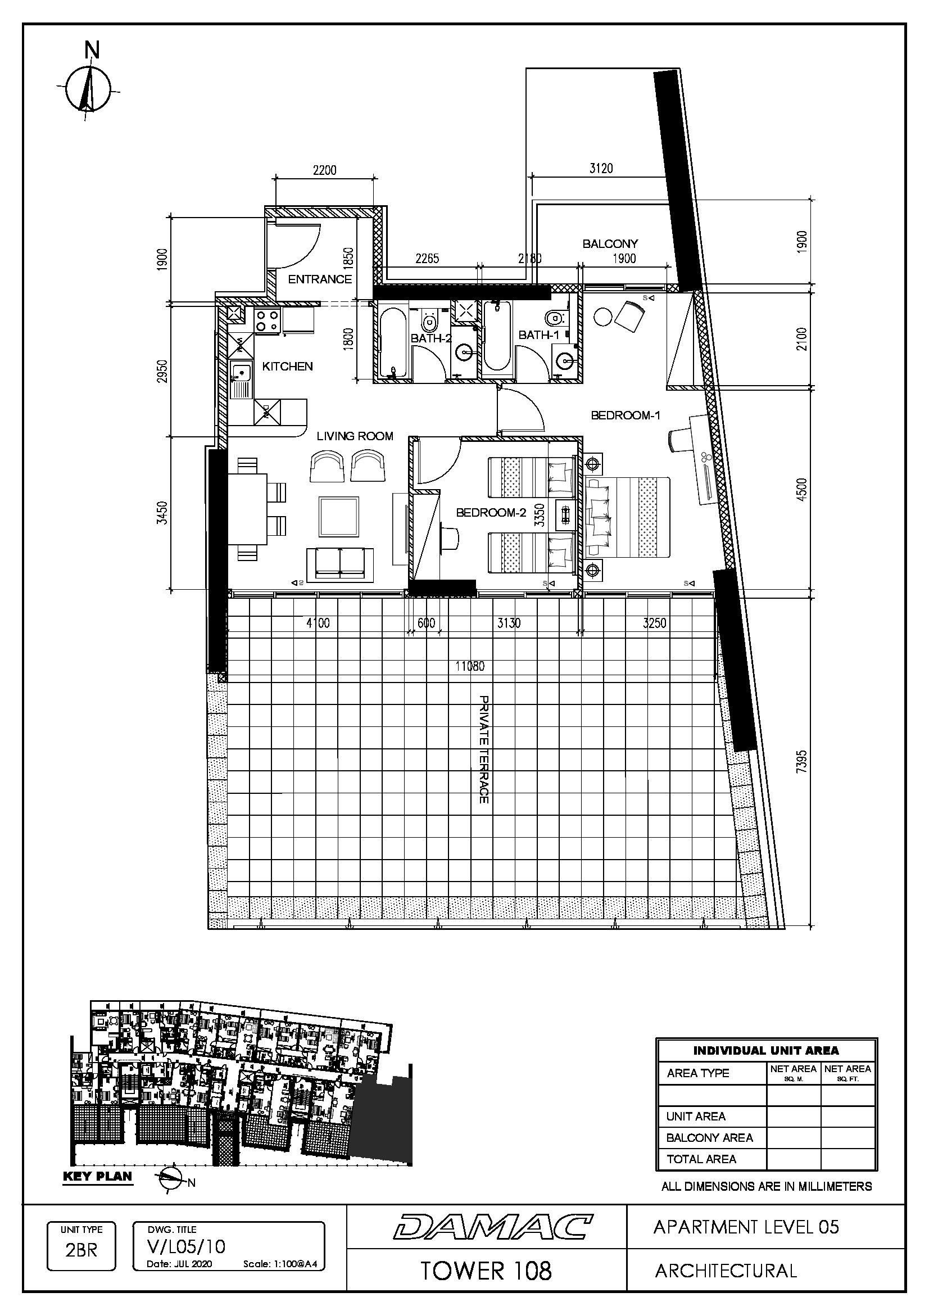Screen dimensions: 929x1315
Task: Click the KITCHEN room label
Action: click(x=287, y=367)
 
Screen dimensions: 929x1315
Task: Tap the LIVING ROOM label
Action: click(x=355, y=436)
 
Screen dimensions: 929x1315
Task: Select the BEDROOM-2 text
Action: click(x=491, y=513)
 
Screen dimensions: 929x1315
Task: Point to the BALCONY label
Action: click(x=610, y=244)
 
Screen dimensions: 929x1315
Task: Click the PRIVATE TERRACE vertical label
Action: click(x=484, y=750)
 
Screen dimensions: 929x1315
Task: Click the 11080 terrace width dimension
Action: click(x=470, y=666)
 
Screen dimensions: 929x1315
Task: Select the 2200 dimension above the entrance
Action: click(x=324, y=170)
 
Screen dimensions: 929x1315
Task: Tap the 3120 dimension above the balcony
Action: click(x=601, y=169)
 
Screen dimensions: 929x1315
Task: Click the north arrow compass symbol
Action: click(x=88, y=87)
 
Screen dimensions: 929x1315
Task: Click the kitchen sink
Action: click(x=241, y=379)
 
